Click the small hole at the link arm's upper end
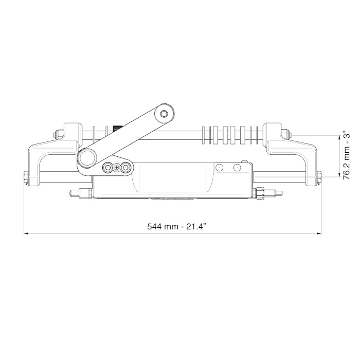(164, 114)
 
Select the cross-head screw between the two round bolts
(117, 168)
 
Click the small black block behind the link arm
(117, 128)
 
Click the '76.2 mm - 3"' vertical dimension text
(346, 156)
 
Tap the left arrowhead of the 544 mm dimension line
(26, 233)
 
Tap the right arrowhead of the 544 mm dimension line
(319, 233)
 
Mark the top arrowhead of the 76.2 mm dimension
(339, 137)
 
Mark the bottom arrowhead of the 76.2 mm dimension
(339, 175)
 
